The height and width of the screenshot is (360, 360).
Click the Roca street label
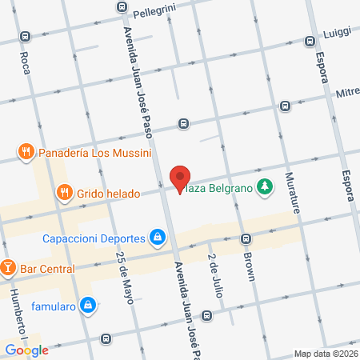click(25, 61)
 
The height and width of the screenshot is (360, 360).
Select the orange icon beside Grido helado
click(64, 193)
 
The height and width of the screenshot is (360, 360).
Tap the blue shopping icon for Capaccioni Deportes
click(158, 238)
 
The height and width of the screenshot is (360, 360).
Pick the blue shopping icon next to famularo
click(90, 305)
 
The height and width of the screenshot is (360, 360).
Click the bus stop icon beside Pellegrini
click(121, 6)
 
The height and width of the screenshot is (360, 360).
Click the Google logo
click(27, 350)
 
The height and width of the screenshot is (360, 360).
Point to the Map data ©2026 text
click(325, 354)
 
